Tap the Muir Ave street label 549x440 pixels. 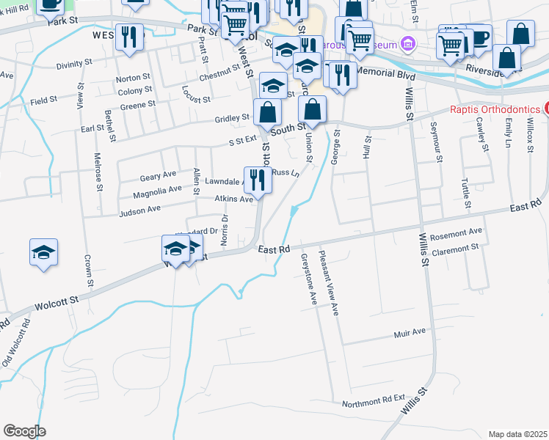point(410,332)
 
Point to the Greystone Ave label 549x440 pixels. point(308,279)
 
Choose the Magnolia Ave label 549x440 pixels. point(157,191)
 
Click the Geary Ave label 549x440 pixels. point(158,176)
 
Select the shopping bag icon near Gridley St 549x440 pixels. point(268,113)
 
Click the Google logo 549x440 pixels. point(24,431)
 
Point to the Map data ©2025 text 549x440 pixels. point(517,434)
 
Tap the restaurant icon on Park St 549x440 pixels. point(129,37)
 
